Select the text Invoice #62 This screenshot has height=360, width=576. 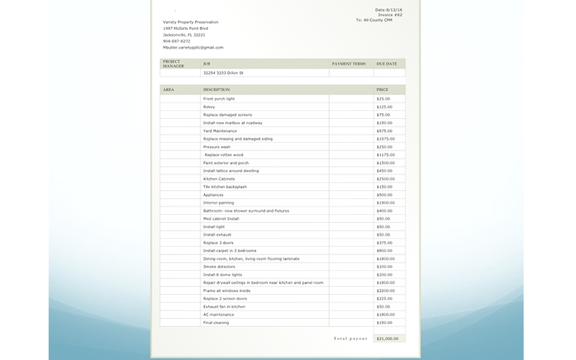pos(390,15)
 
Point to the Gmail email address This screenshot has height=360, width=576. pos(193,47)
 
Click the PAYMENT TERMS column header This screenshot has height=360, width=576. pos(349,64)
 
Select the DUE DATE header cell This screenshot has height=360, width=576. pos(387,64)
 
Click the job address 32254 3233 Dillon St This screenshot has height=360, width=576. pos(224,73)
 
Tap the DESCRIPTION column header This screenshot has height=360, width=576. pos(216,90)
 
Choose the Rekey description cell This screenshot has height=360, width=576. pos(209,107)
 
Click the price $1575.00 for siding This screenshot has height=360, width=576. pos(385,138)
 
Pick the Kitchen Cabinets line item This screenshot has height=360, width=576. pos(218,179)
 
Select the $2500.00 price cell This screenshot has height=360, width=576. pos(385,179)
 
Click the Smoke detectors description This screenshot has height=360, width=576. pos(219,266)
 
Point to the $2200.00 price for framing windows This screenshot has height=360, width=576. pos(385,290)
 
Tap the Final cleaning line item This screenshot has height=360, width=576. pos(217,323)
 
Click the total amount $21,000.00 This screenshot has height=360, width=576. pos(387,339)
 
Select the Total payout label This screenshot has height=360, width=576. pos(350,339)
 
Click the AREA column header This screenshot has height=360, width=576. pos(168,90)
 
